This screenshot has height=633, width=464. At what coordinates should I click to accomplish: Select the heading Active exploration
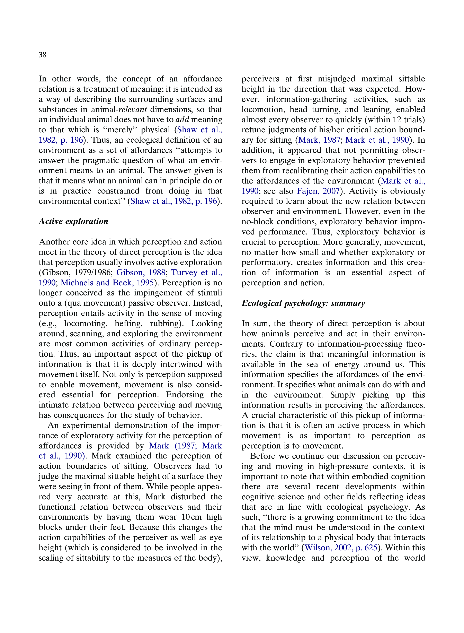[x=73, y=222]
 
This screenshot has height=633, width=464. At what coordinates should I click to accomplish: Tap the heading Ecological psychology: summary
[x=303, y=303]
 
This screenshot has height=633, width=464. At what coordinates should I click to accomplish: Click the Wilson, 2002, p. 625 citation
[x=341, y=548]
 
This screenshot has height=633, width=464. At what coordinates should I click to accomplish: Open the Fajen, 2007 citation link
[x=318, y=191]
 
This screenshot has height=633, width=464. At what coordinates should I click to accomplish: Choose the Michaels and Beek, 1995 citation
[x=107, y=283]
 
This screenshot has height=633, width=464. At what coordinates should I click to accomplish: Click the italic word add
[x=182, y=120]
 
